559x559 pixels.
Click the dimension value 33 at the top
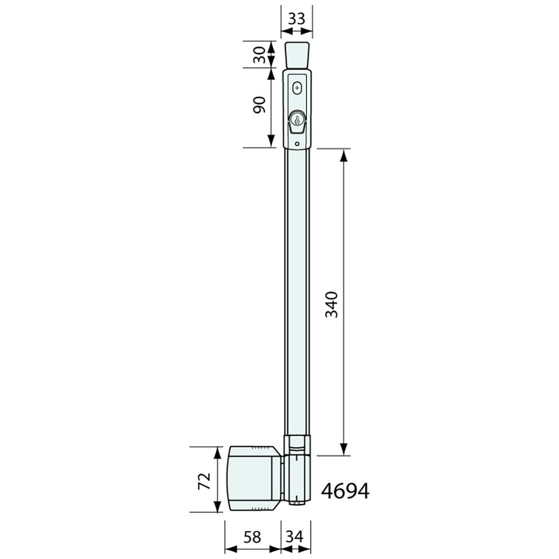(297, 19)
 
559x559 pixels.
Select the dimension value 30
(259, 54)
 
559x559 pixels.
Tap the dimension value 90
(259, 106)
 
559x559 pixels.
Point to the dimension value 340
(331, 304)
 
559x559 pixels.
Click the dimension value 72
(203, 481)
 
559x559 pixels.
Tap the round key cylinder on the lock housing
(296, 120)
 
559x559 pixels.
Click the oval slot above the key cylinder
(297, 88)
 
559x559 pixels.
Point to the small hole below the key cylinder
(297, 143)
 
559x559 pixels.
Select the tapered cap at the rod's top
(297, 55)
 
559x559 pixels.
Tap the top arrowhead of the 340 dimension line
(344, 156)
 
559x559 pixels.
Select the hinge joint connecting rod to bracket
(297, 470)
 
